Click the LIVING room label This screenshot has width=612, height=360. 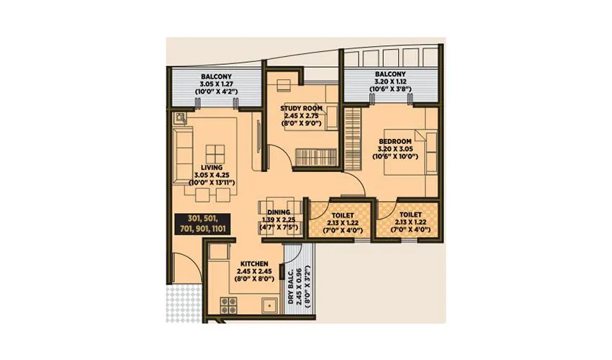coord(212,167)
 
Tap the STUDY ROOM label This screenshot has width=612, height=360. coord(301,108)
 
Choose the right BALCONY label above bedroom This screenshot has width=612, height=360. coord(390,74)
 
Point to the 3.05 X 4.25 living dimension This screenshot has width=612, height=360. coord(212,175)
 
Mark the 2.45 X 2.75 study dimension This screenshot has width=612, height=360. coord(301,116)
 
